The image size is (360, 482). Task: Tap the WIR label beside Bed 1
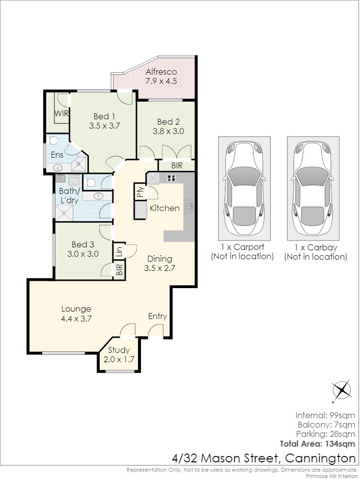61,113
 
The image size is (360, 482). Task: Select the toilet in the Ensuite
54,140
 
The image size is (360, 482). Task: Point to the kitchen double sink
189,206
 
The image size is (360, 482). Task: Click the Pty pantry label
140,192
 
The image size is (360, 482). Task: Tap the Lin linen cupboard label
119,251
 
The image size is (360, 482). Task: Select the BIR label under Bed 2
177,166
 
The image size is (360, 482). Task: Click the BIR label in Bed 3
119,269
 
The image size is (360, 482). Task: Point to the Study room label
119,350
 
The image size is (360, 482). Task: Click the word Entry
158,316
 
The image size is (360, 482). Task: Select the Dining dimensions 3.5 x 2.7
160,268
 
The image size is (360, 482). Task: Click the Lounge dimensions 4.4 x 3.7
76,319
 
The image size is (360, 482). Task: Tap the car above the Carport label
244,188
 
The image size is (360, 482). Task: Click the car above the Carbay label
313,188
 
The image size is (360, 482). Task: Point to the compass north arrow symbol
342,391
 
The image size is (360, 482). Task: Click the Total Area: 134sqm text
317,444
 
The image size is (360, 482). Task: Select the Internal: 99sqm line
325,416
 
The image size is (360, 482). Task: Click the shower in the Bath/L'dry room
64,213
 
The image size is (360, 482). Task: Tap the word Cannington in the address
320,458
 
